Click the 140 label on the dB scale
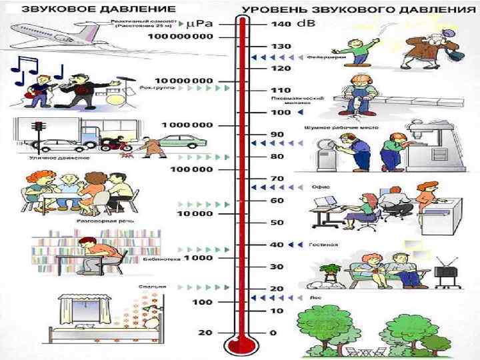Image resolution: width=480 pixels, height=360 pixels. coord(277,24)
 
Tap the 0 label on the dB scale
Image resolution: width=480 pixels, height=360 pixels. coord(273,333)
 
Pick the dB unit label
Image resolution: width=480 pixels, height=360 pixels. coord(306,24)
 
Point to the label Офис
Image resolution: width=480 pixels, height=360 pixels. coord(319,187)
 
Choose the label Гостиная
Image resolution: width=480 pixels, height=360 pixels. coord(323,245)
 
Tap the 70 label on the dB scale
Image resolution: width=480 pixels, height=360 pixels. coord(276,179)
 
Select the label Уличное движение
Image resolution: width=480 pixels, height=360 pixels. coord(50,158)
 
